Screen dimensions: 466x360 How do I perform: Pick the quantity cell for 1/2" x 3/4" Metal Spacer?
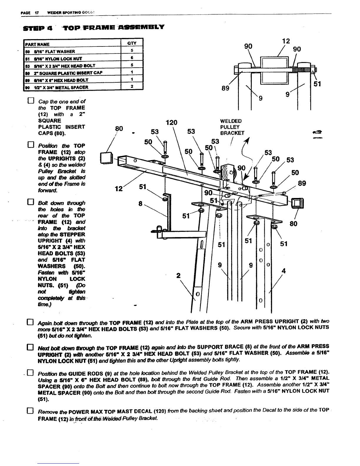[132, 87]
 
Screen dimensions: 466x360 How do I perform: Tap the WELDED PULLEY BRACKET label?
[232, 127]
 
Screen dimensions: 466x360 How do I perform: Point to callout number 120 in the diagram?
[171, 122]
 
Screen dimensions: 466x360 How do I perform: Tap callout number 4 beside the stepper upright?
[284, 271]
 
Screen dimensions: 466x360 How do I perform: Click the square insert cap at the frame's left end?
[106, 158]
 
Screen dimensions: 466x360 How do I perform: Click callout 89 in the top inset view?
[226, 88]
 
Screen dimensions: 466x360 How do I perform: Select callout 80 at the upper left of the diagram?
[119, 129]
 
